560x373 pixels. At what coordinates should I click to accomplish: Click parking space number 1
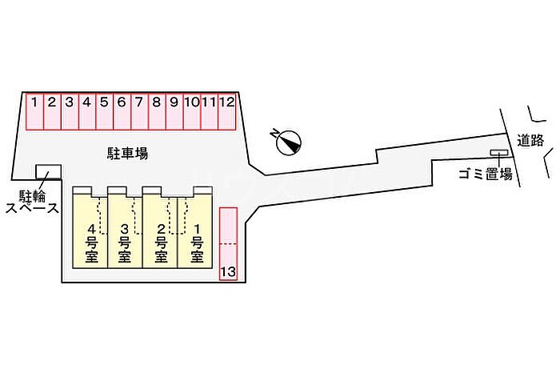pyautogui.click(x=34, y=111)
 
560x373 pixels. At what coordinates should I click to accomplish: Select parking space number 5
pyautogui.click(x=104, y=111)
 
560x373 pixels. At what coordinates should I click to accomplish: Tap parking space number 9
pyautogui.click(x=174, y=111)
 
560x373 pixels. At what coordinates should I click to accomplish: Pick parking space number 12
pyautogui.click(x=227, y=111)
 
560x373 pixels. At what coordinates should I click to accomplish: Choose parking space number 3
pyautogui.click(x=70, y=111)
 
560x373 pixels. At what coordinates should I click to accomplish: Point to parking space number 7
pyautogui.click(x=138, y=111)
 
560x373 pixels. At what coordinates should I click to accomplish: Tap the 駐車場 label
pyautogui.click(x=127, y=153)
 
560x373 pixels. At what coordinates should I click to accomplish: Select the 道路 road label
pyautogui.click(x=530, y=140)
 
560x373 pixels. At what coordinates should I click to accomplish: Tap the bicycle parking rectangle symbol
pyautogui.click(x=48, y=171)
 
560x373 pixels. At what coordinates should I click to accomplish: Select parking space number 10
pyautogui.click(x=191, y=111)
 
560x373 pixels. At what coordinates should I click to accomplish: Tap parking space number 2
pyautogui.click(x=52, y=111)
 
